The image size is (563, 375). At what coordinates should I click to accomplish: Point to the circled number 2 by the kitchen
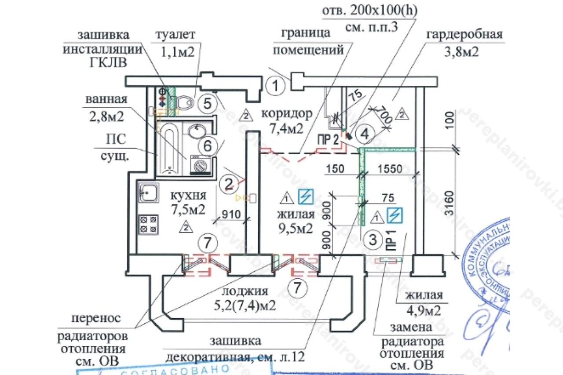tap(228, 183)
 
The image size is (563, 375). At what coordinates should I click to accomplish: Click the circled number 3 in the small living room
tap(373, 240)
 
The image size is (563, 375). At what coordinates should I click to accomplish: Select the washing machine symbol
tap(201, 166)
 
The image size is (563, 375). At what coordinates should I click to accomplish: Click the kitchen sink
tap(148, 193)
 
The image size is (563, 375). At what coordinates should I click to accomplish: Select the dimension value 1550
tap(389, 168)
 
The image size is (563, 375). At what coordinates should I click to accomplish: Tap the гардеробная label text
tap(464, 35)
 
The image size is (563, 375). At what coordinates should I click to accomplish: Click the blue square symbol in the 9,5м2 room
tap(304, 197)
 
